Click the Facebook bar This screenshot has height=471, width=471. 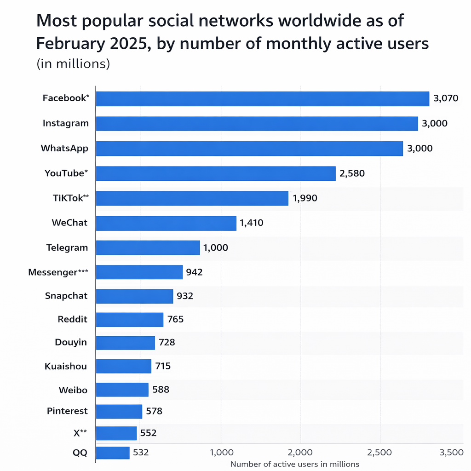point(262,99)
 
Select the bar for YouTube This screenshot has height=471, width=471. point(216,173)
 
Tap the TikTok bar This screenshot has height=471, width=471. point(192,198)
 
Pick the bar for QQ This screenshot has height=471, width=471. point(113,453)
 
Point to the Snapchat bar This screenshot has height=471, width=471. point(134,296)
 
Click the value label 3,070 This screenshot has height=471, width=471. point(446,98)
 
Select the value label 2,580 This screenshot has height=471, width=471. point(352,173)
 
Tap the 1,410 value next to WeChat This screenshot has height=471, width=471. point(251,224)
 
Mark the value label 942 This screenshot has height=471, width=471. point(194,272)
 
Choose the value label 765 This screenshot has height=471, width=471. point(175,319)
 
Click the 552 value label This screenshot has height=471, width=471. point(148,433)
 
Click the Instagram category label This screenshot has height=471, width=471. point(65,123)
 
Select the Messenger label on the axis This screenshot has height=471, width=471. point(58,272)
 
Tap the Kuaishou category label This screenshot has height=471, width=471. point(66,367)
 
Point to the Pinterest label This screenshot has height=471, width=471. point(67,411)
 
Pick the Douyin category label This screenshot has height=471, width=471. point(71,343)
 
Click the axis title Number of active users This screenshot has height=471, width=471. point(294,464)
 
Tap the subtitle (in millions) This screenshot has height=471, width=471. point(73,64)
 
